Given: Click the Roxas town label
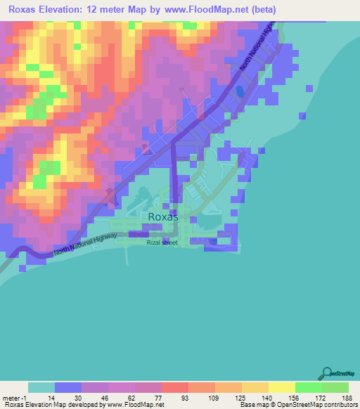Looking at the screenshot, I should click(163, 217).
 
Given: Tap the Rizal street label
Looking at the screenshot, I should click(162, 242).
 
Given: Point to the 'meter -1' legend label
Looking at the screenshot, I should click(14, 398).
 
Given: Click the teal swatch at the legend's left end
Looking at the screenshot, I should click(41, 387).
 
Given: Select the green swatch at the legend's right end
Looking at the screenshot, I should click(335, 387).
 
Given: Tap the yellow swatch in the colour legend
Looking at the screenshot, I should click(282, 387).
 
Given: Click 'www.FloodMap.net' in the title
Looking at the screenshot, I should click(209, 10).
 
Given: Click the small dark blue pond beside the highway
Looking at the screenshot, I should click(239, 91).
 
